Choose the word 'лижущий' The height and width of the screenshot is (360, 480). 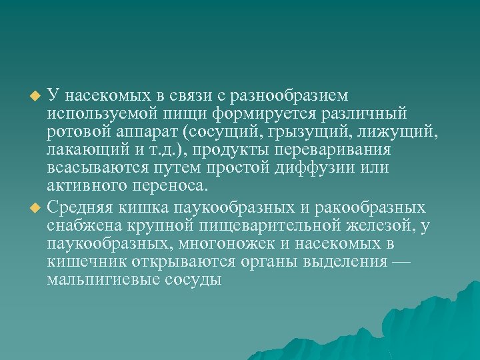[x=403, y=132]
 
